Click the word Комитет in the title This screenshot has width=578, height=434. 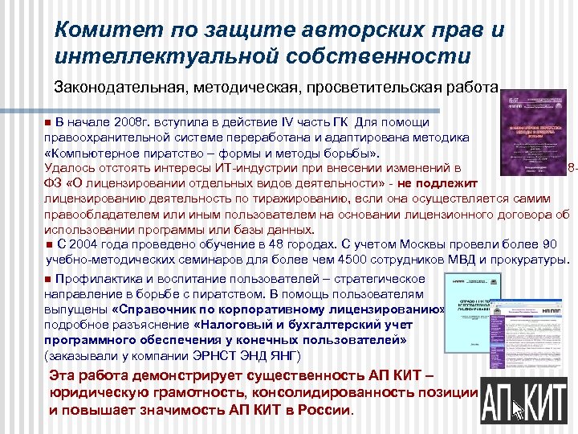[97, 31]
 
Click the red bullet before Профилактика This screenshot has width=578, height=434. [48, 279]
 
